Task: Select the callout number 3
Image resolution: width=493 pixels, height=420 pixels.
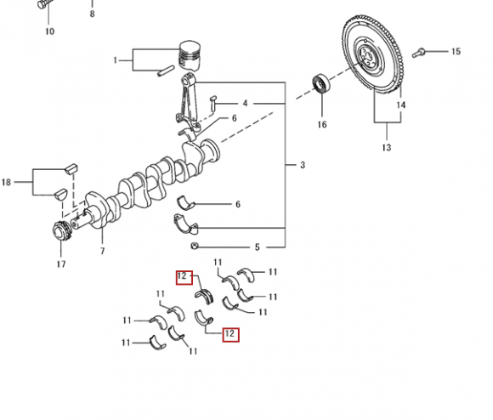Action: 303,165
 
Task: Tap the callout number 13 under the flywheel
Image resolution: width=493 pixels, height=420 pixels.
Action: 387,147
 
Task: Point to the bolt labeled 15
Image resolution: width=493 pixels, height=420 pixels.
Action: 418,53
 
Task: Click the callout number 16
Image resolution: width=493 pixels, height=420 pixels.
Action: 322,124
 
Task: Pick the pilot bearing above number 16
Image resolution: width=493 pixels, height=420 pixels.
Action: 321,83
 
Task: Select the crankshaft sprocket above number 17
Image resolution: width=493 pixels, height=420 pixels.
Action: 62,232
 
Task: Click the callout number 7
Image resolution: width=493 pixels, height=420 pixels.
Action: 103,251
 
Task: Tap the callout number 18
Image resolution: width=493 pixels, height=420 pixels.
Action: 6,182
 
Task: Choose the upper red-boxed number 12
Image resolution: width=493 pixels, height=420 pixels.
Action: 184,277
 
